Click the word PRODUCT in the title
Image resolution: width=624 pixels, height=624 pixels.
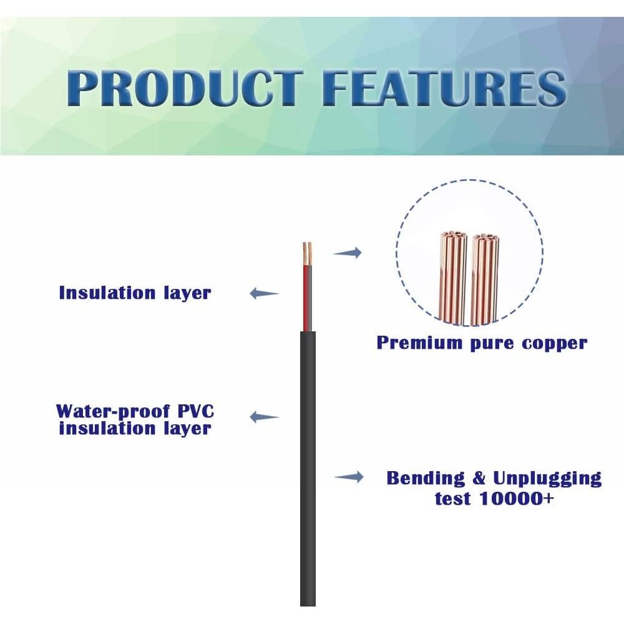185,88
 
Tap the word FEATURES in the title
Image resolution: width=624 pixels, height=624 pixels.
444,88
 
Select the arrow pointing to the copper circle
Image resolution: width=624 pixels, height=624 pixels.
348,252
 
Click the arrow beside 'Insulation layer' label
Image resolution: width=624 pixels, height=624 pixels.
264,294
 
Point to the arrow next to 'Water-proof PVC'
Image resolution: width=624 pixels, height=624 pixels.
264,417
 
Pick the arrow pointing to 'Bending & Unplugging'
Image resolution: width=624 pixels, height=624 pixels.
349,476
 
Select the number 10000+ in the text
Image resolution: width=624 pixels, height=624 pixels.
517,498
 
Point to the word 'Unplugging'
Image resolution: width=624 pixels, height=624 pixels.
547,479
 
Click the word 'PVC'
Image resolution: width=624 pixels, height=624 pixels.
196,411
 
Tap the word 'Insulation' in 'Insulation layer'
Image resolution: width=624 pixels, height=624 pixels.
107,293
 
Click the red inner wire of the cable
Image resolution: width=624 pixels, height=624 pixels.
305,298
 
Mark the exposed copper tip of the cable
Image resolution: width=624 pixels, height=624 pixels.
307,253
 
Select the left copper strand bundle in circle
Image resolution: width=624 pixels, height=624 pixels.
453,278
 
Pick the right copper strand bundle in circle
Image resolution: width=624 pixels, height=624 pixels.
485,280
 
